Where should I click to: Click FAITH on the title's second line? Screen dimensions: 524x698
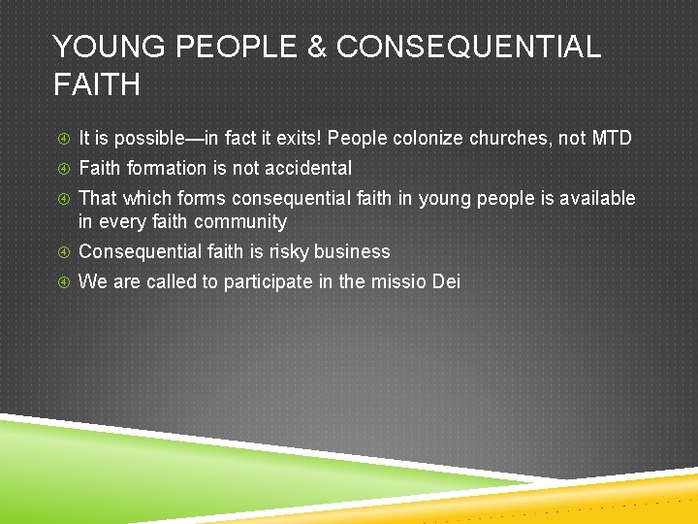pos(97,85)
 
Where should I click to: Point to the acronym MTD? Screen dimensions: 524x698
pos(611,139)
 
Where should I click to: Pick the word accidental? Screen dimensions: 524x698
pos(306,169)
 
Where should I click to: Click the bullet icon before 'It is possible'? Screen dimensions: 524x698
pos(61,139)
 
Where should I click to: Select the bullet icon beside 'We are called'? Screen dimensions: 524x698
pos(61,282)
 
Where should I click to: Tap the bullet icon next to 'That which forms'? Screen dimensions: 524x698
pos(61,199)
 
